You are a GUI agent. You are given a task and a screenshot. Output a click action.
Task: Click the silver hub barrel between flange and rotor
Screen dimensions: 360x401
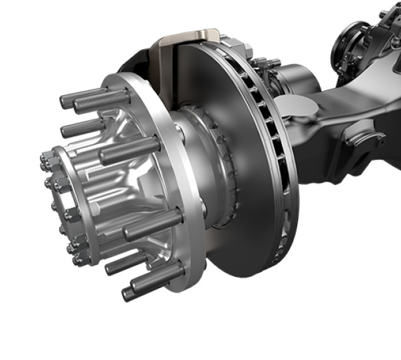point(193,180)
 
